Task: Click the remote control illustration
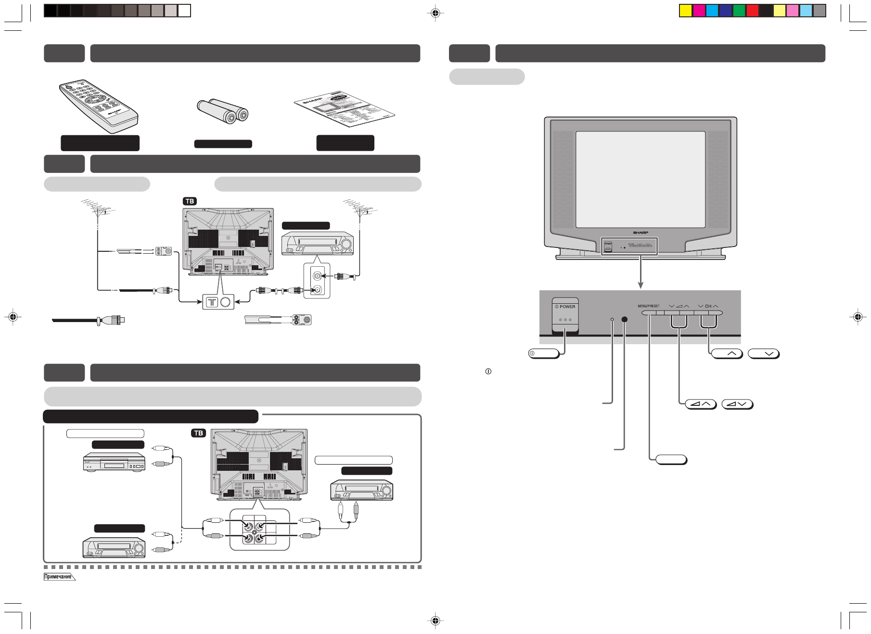98,106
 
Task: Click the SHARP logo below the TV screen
640,233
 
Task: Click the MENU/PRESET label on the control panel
649,306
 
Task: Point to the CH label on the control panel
708,306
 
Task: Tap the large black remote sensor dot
625,319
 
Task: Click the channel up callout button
727,354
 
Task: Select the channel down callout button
764,354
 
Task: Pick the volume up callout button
700,404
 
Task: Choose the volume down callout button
737,404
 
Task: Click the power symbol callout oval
544,354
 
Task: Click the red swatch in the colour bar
752,11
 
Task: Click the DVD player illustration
114,462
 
